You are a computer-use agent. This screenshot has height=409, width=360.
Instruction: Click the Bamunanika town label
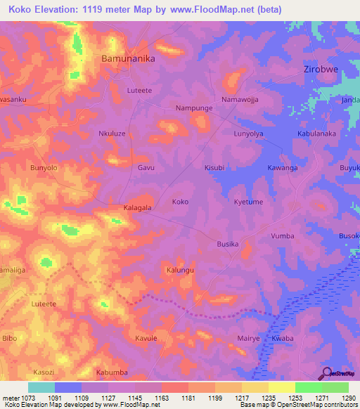128,59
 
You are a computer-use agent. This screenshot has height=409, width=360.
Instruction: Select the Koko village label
180,202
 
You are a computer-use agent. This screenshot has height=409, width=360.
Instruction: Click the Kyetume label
248,202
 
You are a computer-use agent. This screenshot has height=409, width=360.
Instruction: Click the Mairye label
249,338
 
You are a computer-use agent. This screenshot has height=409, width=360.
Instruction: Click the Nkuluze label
112,133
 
